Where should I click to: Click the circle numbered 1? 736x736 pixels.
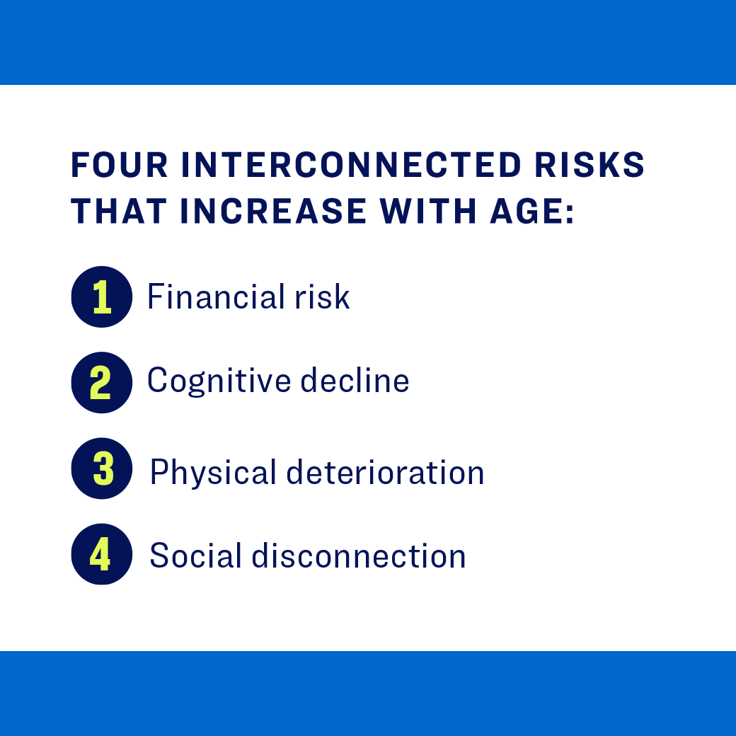102,297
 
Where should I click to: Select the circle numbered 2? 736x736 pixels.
102,382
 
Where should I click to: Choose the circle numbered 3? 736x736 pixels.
102,468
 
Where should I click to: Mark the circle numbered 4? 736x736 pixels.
102,554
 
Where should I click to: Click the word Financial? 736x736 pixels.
205,297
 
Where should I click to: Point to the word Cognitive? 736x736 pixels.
219,381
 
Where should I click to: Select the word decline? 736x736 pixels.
355,381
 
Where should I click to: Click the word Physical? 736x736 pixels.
212,472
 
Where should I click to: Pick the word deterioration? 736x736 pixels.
385,472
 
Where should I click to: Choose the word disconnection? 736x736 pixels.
359,556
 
